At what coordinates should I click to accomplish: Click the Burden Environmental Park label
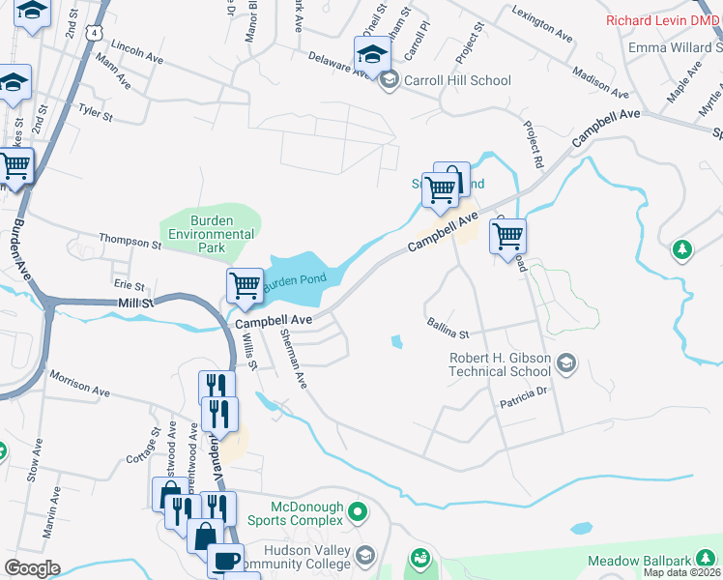coord(210,234)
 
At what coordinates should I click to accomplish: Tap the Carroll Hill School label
coord(457,80)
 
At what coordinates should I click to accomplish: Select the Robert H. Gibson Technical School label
coord(500,364)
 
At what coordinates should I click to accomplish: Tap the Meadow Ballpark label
coord(639,562)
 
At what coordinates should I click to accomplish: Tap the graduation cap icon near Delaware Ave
coord(371,54)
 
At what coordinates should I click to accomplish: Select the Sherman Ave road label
coord(293,359)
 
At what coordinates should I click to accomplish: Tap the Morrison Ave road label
coord(80,382)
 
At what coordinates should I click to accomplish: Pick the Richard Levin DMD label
coord(662,19)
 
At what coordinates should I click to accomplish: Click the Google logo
coord(32,568)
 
